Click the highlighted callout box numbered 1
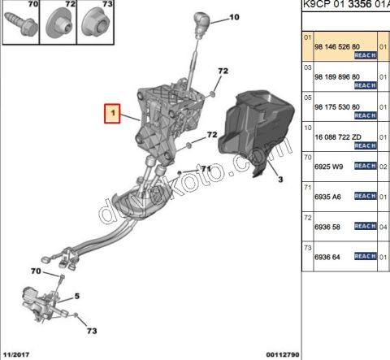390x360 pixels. pos(112,114)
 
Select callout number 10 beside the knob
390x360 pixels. pos(234,17)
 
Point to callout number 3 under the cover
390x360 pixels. pos(280,180)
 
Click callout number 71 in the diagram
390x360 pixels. pos(206,169)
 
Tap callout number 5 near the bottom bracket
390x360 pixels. pos(77,296)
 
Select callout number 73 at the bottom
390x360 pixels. pos(92,331)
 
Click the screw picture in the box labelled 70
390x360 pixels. pos(21,24)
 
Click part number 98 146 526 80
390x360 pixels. pos(337,47)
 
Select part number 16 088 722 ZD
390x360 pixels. pos(338,137)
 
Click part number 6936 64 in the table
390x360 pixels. pos(327,257)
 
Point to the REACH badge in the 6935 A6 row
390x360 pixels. pos(366,196)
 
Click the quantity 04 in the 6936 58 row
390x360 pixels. pos(383,227)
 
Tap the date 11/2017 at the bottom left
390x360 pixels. pos(16,354)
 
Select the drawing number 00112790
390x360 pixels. pos(283,354)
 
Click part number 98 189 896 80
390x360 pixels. pos(337,77)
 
